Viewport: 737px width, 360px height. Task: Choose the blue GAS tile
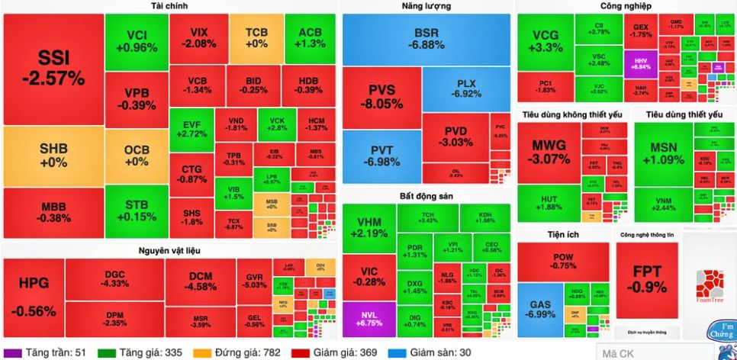[x=539, y=310]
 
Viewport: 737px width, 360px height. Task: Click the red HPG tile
[x=33, y=296]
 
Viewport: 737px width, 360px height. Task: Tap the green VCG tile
[x=545, y=41]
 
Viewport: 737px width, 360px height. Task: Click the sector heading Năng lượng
[x=426, y=6]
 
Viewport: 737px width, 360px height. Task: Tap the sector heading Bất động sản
[x=426, y=196]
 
